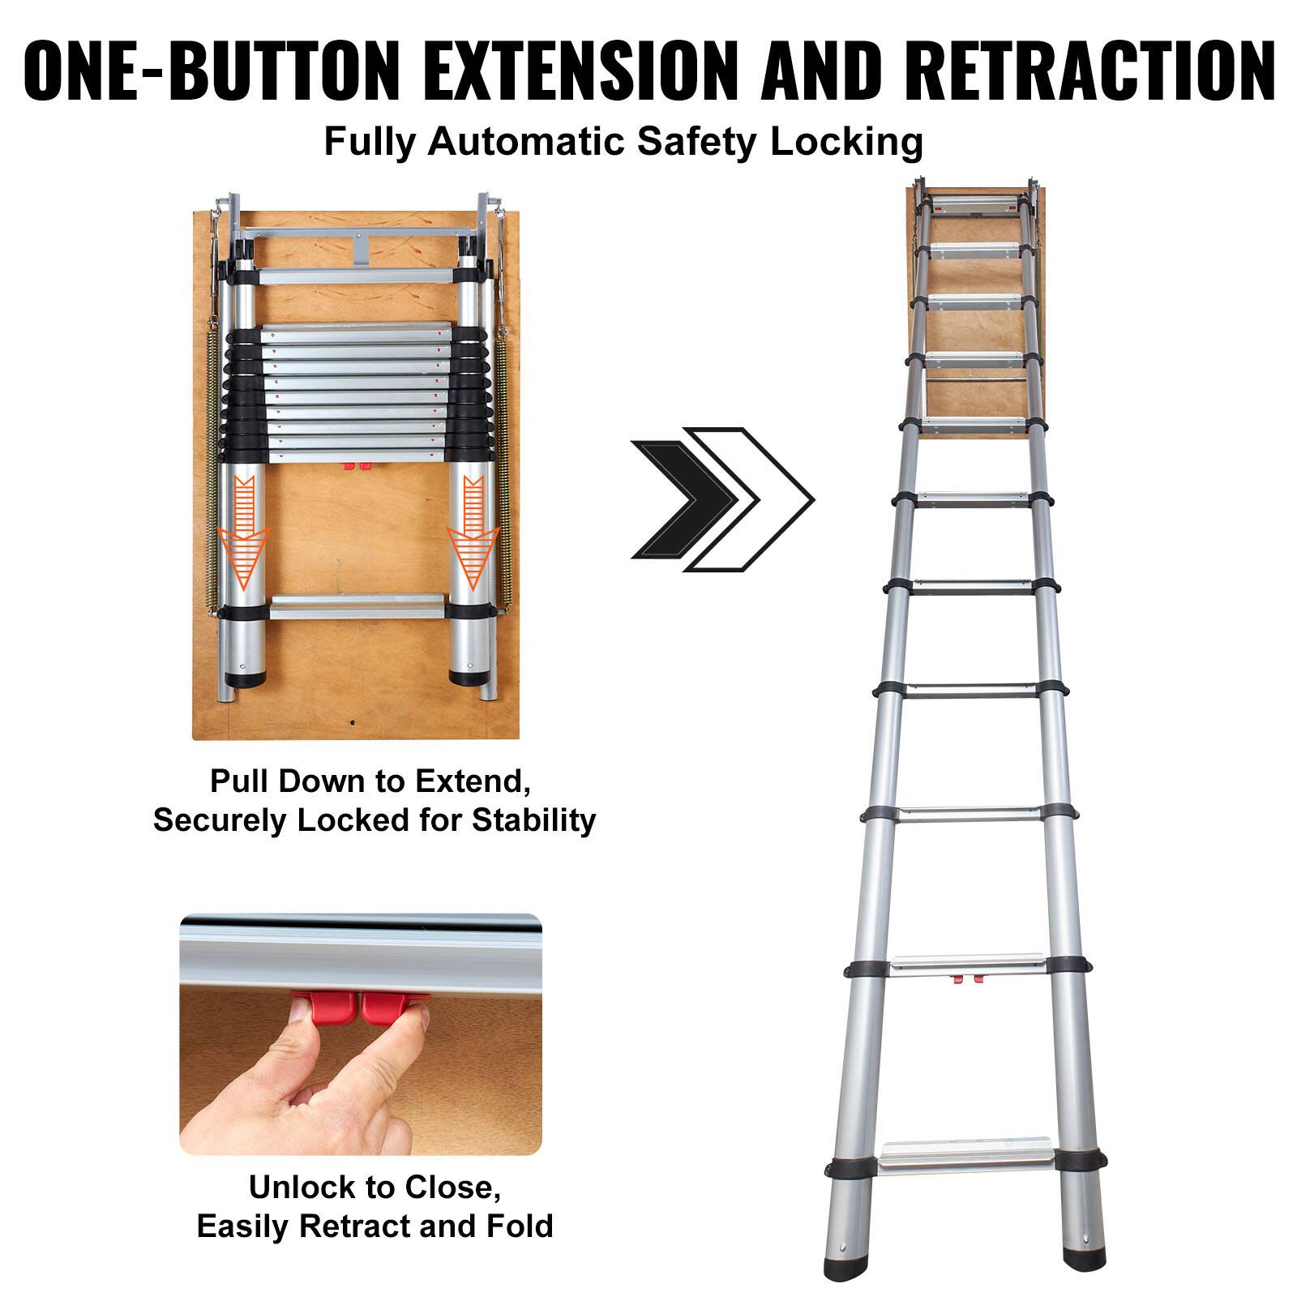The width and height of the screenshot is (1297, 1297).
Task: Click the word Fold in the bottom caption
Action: point(520,1226)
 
